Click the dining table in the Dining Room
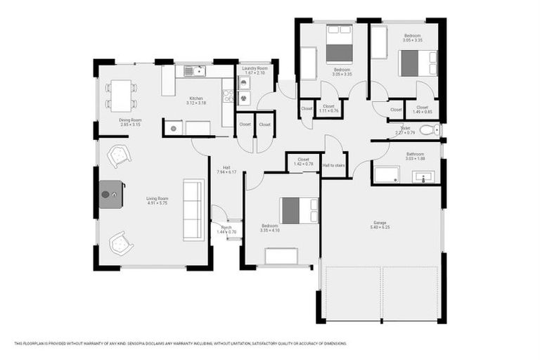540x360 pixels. (122, 95)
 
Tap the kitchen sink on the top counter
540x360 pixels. (193, 70)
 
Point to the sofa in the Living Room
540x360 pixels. (193, 210)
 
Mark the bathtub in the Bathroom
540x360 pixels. (386, 175)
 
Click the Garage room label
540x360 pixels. (380, 224)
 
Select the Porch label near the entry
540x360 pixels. (226, 227)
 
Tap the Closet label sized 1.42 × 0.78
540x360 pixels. (303, 164)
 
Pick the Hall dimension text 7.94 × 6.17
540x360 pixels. (227, 172)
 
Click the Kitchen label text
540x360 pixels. (195, 98)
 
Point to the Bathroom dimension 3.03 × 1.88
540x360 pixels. (415, 158)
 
